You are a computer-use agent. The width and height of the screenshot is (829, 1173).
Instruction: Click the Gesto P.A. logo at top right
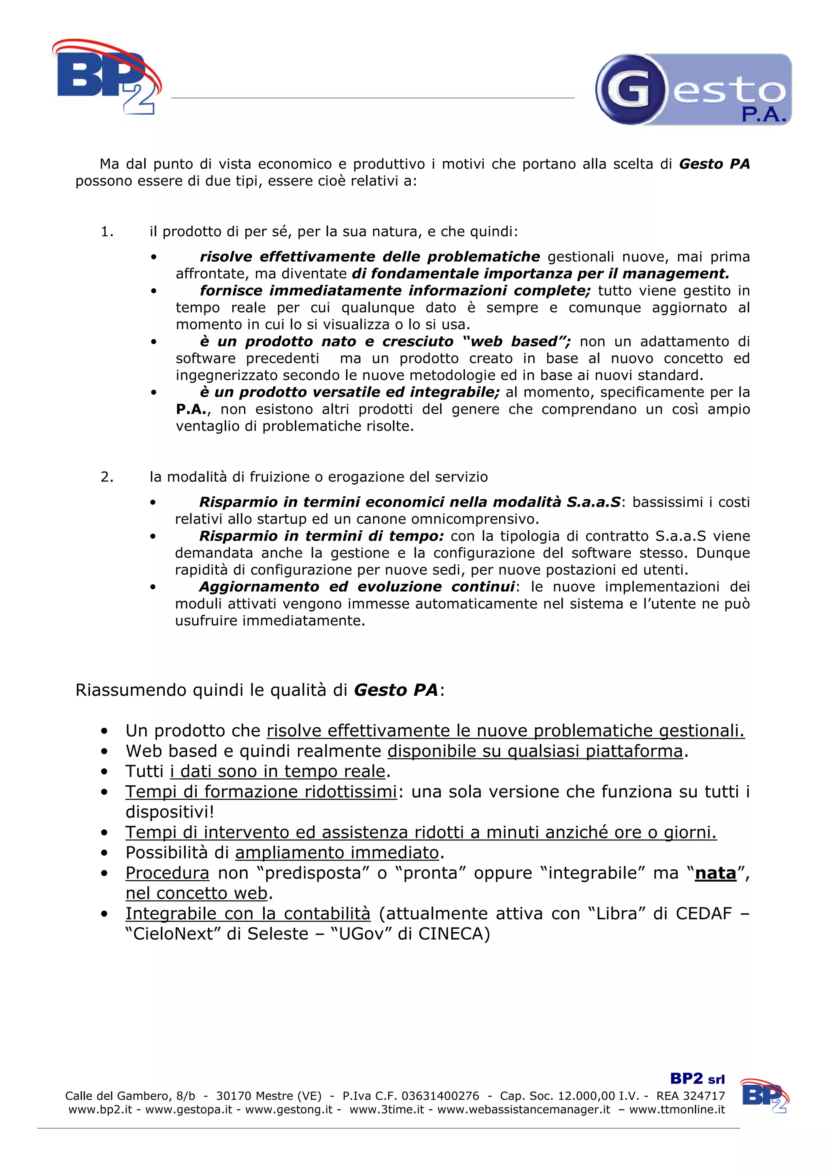coord(693,90)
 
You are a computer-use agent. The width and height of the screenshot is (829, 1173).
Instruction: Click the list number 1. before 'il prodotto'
coord(107,232)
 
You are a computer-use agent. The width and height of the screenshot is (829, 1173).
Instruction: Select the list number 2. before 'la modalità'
coord(107,477)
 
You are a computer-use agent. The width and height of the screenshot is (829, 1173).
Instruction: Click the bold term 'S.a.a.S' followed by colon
coord(593,502)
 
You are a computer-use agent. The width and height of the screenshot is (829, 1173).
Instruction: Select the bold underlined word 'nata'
coord(715,873)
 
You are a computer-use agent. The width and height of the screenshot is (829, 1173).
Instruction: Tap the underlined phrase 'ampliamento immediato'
coord(337,853)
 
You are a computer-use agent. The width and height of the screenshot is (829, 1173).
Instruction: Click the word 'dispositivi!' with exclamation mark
coord(170,812)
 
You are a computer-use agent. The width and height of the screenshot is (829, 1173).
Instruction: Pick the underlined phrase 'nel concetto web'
coord(197,893)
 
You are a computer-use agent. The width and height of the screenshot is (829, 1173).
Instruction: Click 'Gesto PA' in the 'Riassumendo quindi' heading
coord(396,690)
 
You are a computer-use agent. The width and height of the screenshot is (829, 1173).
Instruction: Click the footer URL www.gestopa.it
coord(189,1109)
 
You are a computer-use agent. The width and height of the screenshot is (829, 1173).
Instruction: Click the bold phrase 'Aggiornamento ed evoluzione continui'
coord(357,586)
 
